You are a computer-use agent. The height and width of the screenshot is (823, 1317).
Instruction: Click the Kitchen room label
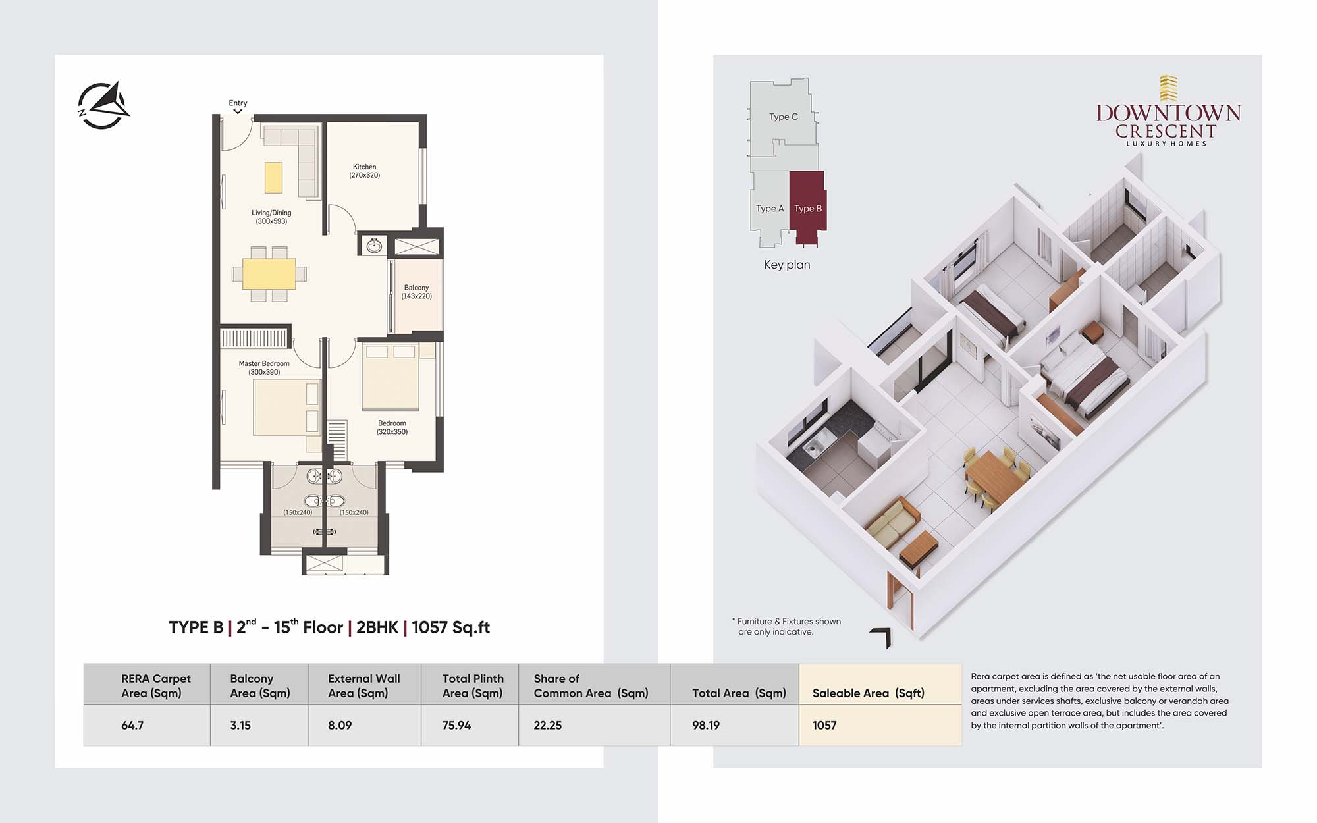coord(364,171)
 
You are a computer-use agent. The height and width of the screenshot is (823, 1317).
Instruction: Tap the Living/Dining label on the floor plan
coord(271,217)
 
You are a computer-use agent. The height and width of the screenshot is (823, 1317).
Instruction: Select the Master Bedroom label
coord(264,367)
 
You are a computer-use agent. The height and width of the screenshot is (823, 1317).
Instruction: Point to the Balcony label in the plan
coord(416,292)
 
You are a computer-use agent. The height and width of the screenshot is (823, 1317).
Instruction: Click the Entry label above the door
coord(238,103)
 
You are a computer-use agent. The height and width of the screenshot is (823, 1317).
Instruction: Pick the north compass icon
coord(103,105)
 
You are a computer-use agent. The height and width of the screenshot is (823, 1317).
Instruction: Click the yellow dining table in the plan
coord(269,274)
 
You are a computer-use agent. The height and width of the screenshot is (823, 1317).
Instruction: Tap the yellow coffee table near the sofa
coord(273,177)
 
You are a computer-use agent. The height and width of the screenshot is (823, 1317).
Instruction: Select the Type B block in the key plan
coord(807,207)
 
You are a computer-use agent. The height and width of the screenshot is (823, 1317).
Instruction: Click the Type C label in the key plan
coord(784,117)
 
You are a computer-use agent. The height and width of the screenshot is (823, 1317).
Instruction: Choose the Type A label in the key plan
coord(770,209)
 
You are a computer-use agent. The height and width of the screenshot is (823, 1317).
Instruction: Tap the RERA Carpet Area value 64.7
coord(132,725)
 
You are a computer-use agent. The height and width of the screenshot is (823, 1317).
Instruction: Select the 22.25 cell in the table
coord(548,725)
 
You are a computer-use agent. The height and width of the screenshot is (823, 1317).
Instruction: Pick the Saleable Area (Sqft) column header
coord(869,693)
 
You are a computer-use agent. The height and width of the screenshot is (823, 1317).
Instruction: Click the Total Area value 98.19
coord(706,725)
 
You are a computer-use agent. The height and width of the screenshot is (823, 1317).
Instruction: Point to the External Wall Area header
coord(364,685)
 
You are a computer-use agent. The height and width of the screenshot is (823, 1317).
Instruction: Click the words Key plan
coord(787,265)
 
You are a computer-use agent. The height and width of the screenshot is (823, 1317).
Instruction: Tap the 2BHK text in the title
coord(377,627)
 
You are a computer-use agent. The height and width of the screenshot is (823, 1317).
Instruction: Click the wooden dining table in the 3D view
coord(995,475)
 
